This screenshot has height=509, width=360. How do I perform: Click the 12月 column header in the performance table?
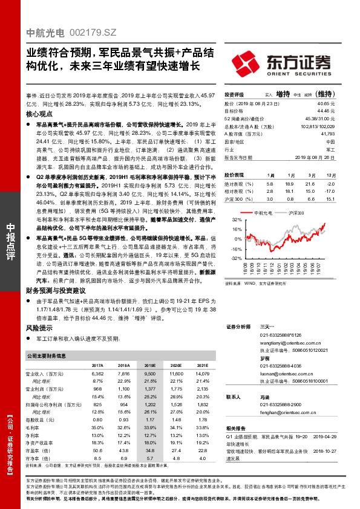point(330,173)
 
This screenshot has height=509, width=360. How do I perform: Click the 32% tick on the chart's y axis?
point(237,220)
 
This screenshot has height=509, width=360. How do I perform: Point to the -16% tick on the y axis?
point(236,248)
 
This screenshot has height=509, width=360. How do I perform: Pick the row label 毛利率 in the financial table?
point(33,427)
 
